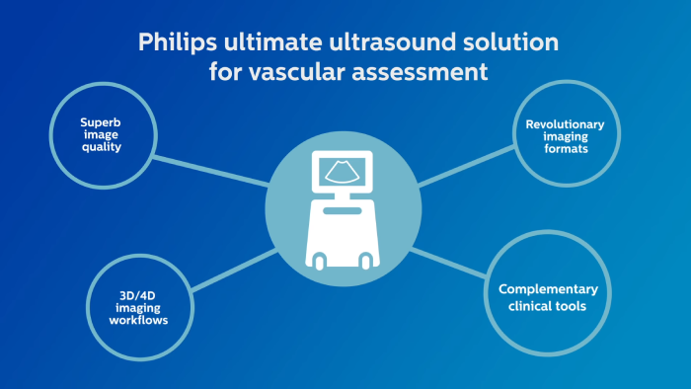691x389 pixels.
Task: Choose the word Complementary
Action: point(548,289)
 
